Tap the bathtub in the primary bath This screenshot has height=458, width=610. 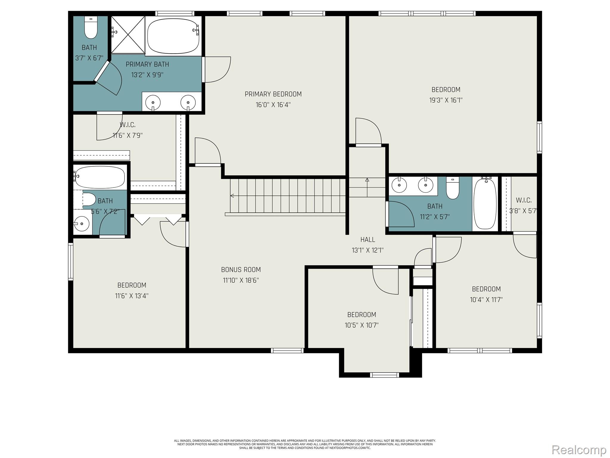(x=173, y=35)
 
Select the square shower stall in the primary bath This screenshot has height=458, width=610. (x=128, y=35)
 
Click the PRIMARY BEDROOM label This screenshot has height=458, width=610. (x=273, y=94)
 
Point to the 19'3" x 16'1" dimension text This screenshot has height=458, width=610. (x=446, y=100)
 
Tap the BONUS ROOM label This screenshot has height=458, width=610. (x=241, y=270)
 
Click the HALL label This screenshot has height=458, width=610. (x=368, y=239)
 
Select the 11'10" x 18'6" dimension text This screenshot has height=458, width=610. (x=241, y=280)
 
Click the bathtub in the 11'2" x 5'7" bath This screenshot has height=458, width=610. (x=485, y=203)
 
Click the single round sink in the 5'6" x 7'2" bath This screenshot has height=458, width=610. (x=81, y=224)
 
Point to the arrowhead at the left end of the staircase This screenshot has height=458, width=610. (x=232, y=196)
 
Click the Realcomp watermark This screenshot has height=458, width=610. (x=579, y=449)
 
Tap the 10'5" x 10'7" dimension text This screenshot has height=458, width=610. (x=362, y=325)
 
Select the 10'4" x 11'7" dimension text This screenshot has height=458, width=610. (x=486, y=299)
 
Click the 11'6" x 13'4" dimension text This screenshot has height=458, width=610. (x=132, y=296)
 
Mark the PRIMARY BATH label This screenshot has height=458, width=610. (x=147, y=64)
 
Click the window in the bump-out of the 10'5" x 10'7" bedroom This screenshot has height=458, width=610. (x=384, y=375)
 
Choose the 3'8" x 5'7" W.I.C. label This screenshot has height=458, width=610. (x=524, y=200)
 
